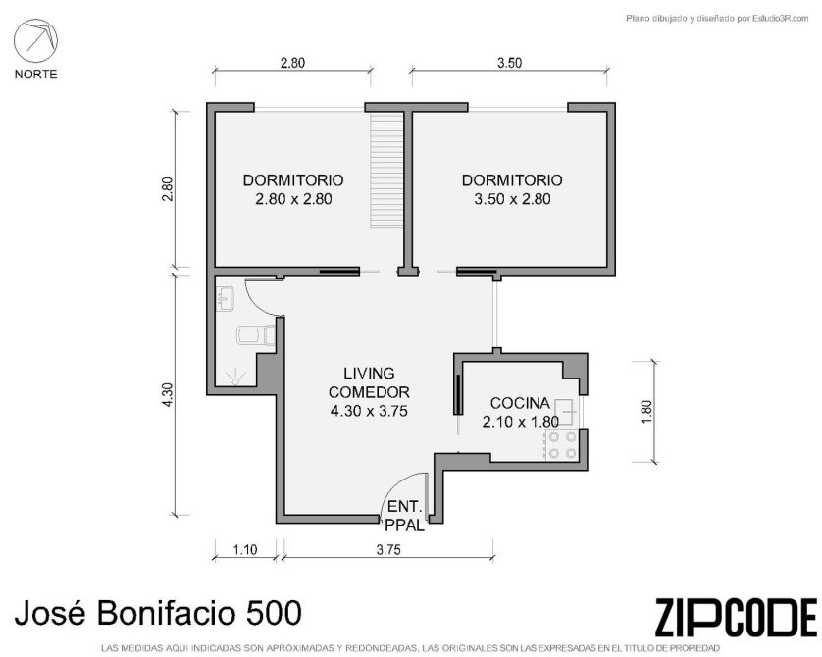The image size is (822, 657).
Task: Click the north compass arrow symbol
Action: (x=35, y=41)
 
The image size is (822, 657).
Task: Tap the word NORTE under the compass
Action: (x=35, y=75)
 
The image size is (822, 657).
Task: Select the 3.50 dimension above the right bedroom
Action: (x=509, y=63)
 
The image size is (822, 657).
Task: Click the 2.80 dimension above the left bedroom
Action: (x=292, y=63)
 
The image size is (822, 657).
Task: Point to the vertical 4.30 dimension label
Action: (x=167, y=394)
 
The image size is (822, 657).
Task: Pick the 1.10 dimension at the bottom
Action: (x=245, y=549)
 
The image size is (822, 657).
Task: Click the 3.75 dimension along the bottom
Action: (x=388, y=549)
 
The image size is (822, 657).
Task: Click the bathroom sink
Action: (x=226, y=299)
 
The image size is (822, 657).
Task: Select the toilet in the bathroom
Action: (x=256, y=335)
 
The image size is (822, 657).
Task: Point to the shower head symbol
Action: (x=235, y=377)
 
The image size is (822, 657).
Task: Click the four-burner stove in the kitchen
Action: (x=562, y=445)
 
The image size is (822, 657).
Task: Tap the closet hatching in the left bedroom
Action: (x=386, y=171)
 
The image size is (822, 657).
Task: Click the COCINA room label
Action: (x=520, y=403)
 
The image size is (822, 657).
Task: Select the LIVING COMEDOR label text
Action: (x=369, y=382)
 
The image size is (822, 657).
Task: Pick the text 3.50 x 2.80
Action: (x=512, y=199)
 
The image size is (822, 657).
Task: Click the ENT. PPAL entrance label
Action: (x=405, y=516)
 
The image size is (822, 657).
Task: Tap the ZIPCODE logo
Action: (x=736, y=617)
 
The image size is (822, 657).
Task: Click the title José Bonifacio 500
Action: (x=158, y=613)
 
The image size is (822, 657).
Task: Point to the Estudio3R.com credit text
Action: (x=718, y=19)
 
